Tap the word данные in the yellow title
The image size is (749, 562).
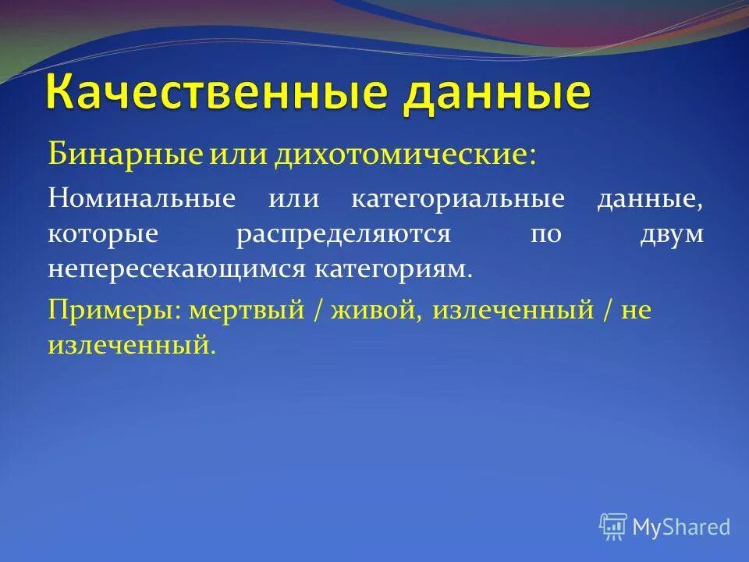pos(495,93)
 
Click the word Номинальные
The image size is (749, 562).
pos(141,198)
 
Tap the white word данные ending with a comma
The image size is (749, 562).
pos(651,198)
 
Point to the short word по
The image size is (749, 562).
pos(545,234)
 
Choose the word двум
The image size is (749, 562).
pos(670,234)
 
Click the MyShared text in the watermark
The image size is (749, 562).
pos(681,527)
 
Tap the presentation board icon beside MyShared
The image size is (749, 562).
pos(613,527)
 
